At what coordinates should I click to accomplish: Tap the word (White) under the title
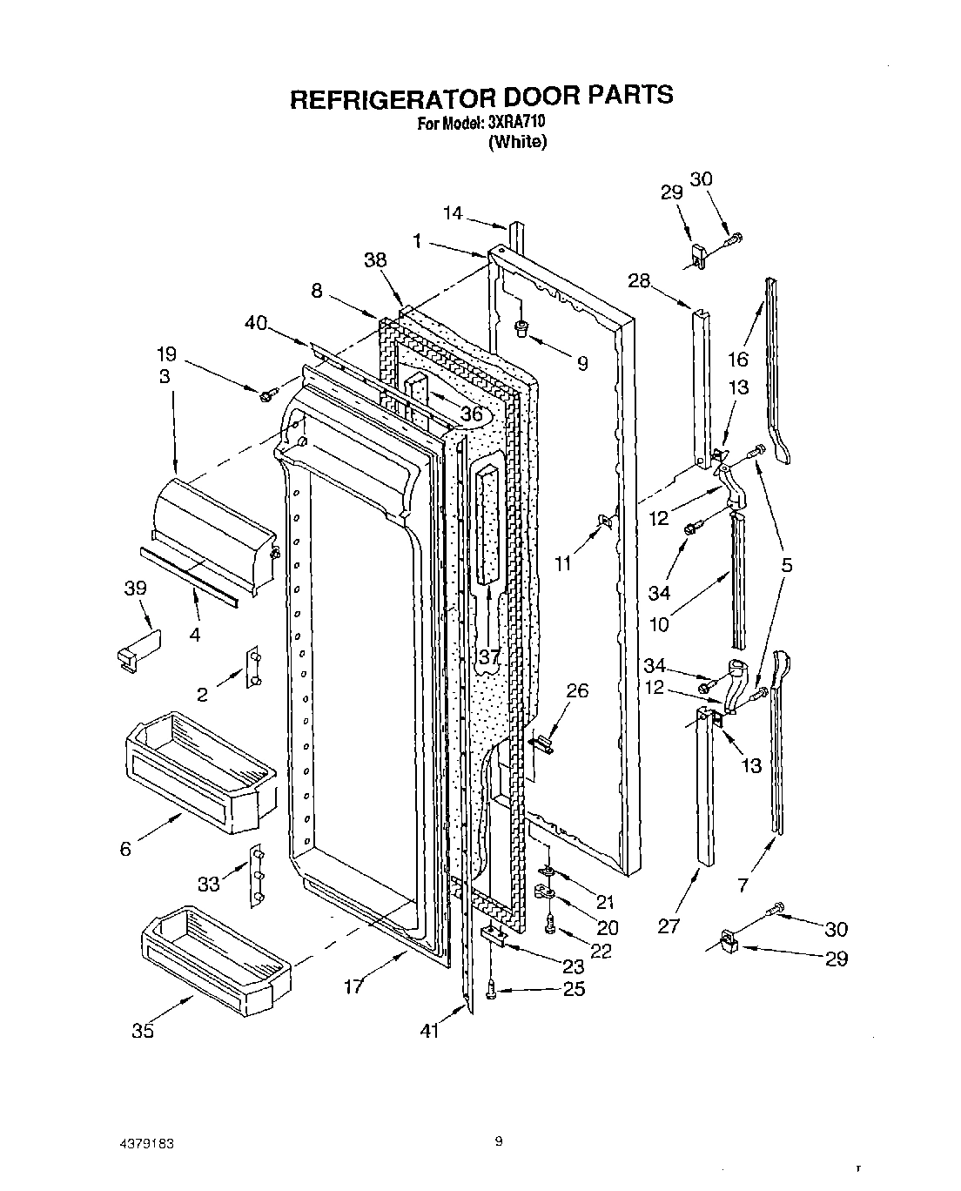517,142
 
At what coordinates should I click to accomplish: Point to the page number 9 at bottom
499,1142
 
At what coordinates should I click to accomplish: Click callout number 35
143,1031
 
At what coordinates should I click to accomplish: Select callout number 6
125,849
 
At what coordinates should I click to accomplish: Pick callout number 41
429,1031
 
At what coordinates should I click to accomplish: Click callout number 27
668,925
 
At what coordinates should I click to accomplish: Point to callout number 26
577,690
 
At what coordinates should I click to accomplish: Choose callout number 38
376,259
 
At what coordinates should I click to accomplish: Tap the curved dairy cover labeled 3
213,535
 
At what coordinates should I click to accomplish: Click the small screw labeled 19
265,396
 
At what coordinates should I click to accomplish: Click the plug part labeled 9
522,328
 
